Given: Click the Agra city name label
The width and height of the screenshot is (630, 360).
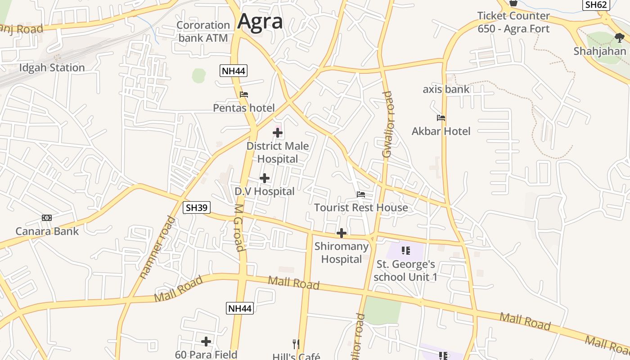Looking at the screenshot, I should (x=260, y=21).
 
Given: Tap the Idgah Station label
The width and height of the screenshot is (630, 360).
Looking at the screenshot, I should (x=52, y=68).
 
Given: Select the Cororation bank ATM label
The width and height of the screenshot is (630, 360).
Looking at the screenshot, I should (x=203, y=31).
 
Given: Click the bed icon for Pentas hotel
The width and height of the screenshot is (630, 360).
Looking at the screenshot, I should (x=244, y=94).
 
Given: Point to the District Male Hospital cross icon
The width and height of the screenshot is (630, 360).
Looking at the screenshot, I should (x=278, y=133).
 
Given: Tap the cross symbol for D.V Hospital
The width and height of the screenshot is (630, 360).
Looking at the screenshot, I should (x=265, y=178).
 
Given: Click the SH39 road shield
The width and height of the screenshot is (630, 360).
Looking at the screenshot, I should (x=197, y=207).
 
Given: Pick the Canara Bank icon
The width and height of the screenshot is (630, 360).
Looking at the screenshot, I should (x=47, y=218).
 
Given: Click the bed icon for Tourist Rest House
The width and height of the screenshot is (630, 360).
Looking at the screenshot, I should (x=361, y=194).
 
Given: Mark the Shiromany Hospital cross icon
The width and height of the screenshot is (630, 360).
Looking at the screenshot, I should (x=342, y=233).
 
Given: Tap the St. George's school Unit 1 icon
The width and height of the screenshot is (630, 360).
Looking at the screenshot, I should (x=405, y=251).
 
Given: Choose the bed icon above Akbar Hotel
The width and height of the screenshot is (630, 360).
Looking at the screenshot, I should (x=441, y=118).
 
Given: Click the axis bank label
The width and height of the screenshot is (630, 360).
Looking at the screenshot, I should (x=446, y=89).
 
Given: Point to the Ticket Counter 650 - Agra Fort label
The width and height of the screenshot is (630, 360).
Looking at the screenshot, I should (x=513, y=22).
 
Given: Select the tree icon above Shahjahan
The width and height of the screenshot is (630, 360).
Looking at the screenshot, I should (x=619, y=37).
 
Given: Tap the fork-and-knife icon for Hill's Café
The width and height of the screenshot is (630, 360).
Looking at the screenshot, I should (x=296, y=344).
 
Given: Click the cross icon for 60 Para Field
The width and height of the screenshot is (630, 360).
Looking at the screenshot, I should (x=206, y=342).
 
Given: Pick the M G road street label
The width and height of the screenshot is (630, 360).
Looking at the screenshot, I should (x=238, y=228).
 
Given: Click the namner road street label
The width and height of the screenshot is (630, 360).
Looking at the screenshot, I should (x=157, y=247).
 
